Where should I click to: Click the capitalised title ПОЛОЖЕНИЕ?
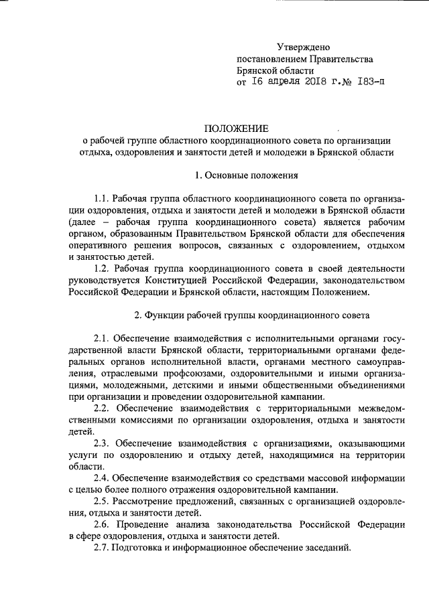236,129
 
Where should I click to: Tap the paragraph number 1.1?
101,199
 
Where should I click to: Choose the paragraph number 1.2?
101,268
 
